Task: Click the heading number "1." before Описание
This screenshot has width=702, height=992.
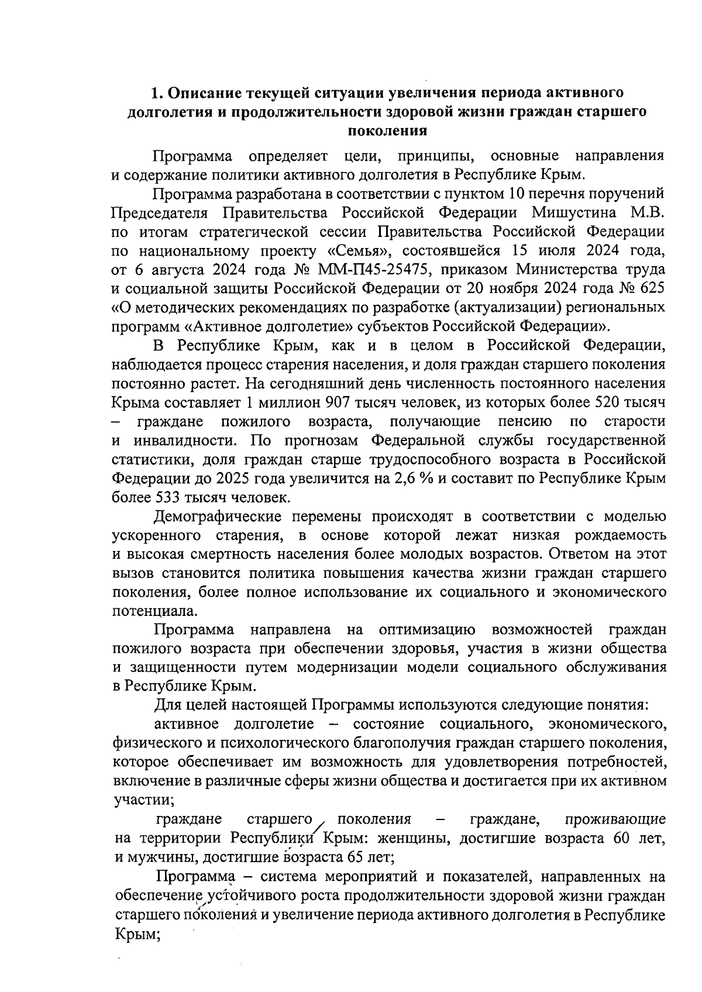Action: (156, 92)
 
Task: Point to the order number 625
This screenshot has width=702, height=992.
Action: (652, 289)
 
